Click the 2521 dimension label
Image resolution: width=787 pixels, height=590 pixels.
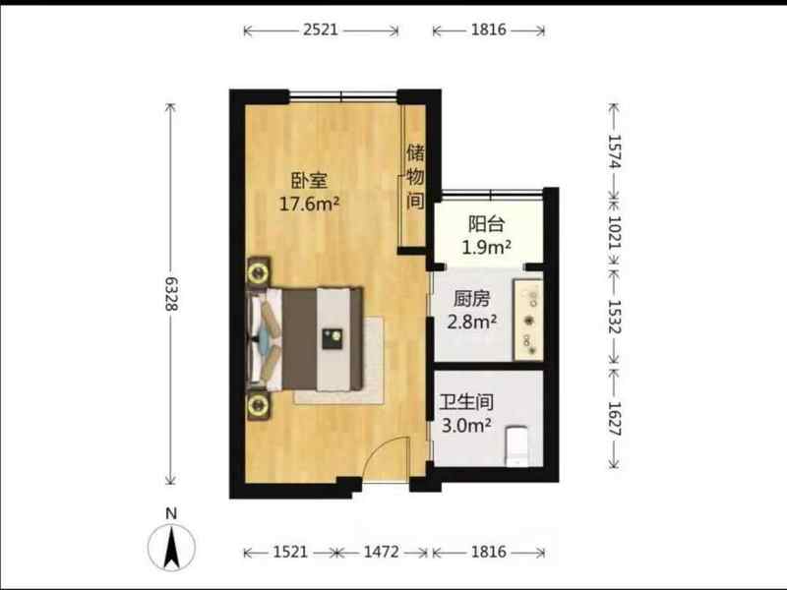(321, 30)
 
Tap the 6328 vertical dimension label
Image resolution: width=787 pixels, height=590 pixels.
(171, 293)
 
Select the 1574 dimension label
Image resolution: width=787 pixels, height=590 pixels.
(614, 152)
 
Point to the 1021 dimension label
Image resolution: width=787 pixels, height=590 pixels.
(614, 233)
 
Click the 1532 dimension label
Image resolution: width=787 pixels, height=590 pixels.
(614, 317)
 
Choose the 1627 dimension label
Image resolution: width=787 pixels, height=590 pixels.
(614, 419)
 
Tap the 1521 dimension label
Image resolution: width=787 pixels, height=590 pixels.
(290, 552)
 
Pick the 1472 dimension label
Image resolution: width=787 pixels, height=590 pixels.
(382, 552)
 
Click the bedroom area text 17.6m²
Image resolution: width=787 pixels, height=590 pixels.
(309, 204)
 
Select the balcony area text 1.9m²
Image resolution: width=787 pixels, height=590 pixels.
(486, 247)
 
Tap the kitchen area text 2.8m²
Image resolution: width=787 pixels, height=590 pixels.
(472, 322)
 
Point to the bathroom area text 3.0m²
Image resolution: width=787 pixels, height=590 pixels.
(465, 426)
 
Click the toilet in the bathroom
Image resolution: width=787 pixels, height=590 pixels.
(516, 446)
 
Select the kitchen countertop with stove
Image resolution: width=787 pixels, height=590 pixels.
(528, 321)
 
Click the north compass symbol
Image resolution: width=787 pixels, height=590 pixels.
(171, 548)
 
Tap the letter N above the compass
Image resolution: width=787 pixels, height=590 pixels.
(171, 513)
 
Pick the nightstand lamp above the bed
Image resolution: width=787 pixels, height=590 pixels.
(259, 274)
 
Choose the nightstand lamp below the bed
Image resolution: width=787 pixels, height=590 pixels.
(259, 404)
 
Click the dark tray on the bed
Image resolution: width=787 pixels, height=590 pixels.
(333, 338)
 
